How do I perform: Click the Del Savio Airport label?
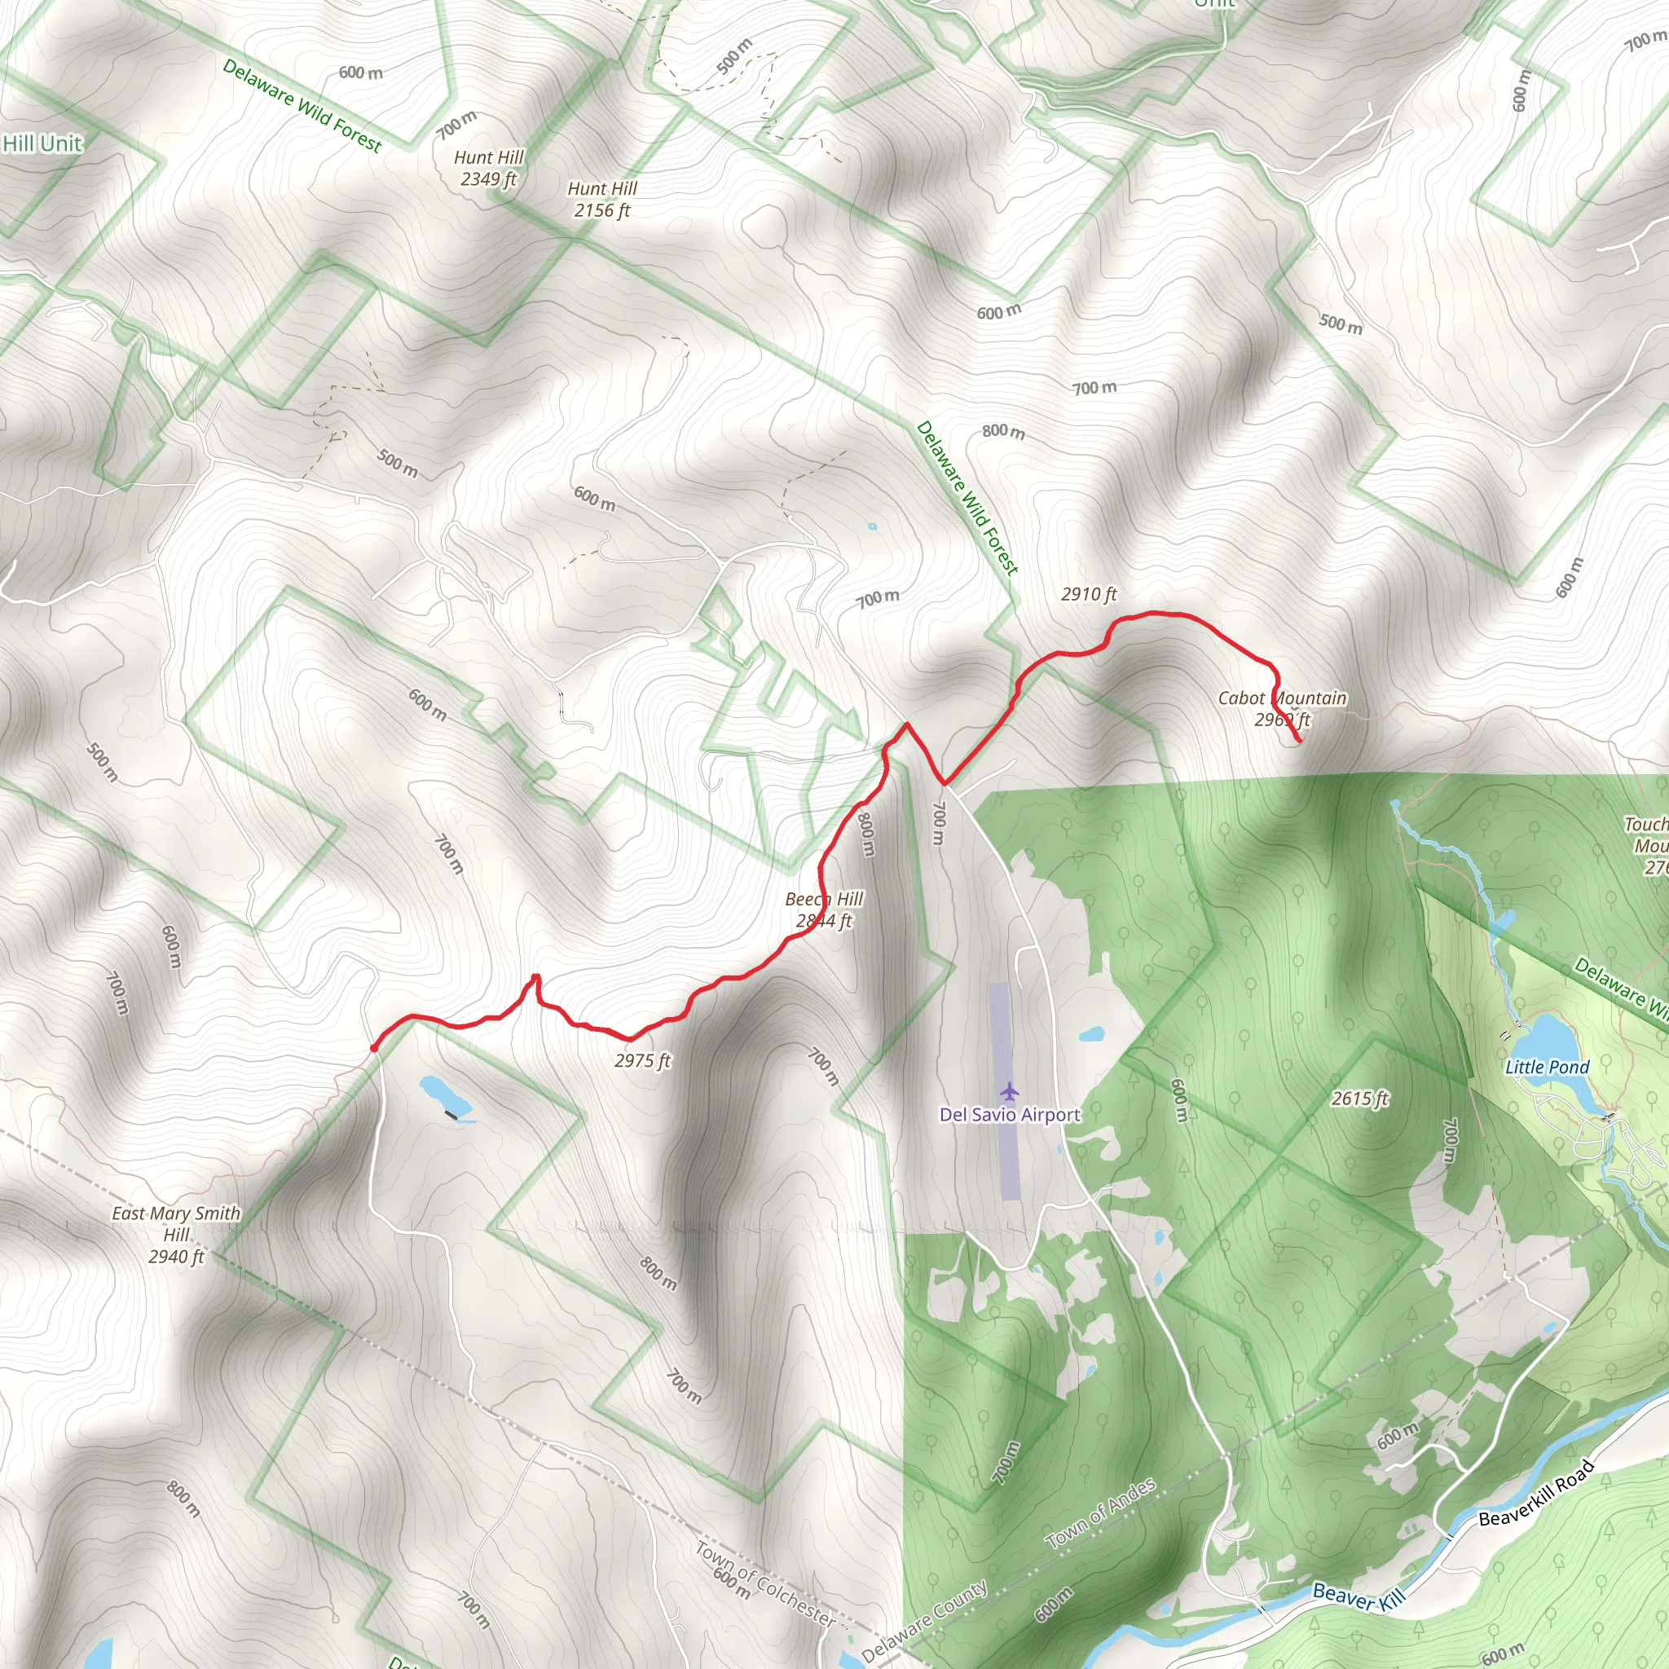(x=1010, y=1114)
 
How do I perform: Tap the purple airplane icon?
(x=1009, y=1092)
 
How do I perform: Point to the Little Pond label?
(x=1548, y=1067)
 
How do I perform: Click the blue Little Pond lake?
(x=1552, y=1036)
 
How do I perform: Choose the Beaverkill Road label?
(x=1535, y=1492)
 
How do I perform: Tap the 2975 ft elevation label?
(x=643, y=1060)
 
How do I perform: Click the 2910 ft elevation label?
(x=1089, y=593)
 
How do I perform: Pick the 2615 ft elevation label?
(x=1360, y=1099)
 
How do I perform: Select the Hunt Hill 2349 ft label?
(x=489, y=168)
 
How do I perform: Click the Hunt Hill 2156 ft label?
(x=602, y=199)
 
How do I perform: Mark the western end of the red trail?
(x=374, y=1048)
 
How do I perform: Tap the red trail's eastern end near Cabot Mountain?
(x=1299, y=742)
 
